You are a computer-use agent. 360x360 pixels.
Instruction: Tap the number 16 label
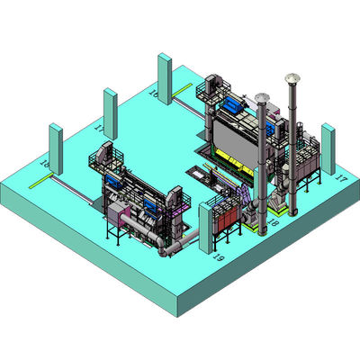pos(153,93)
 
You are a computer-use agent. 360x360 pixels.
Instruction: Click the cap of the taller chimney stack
pos(291,78)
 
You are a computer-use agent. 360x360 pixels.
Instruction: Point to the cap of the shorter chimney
pos(261,97)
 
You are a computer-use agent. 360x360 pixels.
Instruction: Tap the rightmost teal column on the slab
pos(328,148)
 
